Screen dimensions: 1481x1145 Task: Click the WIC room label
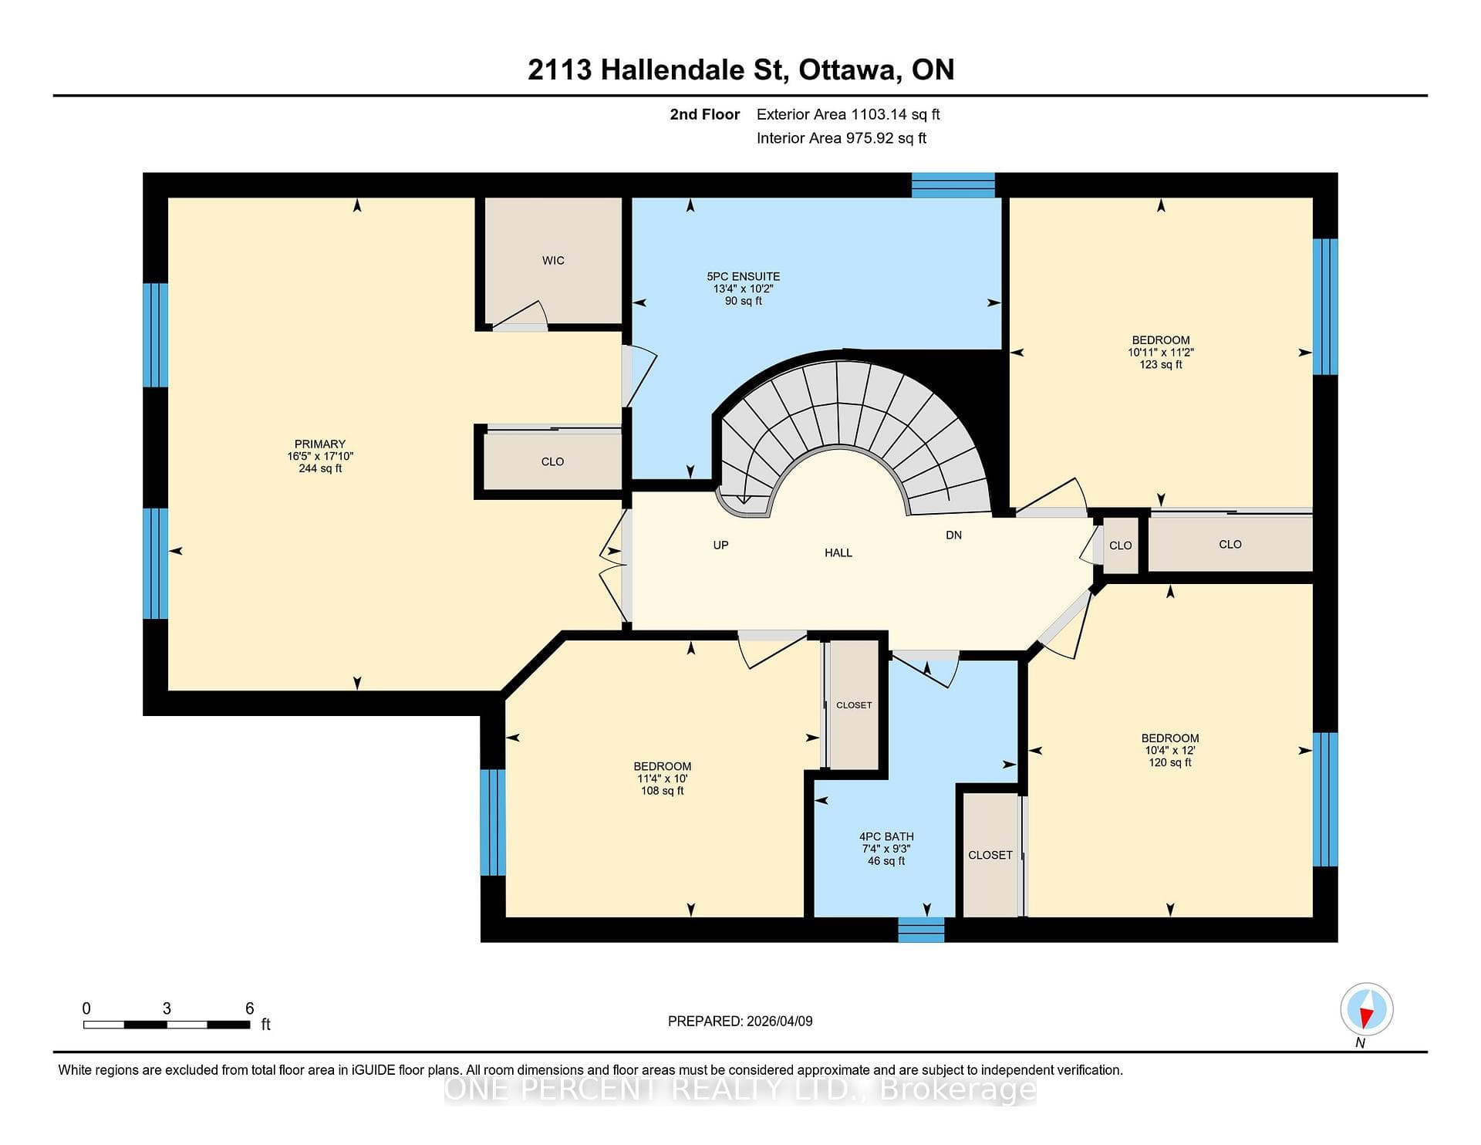pyautogui.click(x=553, y=261)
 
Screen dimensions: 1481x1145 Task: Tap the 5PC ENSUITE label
pyautogui.click(x=743, y=276)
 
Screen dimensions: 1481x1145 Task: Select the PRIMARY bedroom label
pyautogui.click(x=320, y=444)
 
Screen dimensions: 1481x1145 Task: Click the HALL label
pyautogui.click(x=838, y=552)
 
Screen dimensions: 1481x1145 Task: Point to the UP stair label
pyautogui.click(x=720, y=545)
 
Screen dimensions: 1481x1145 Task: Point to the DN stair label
pyautogui.click(x=953, y=535)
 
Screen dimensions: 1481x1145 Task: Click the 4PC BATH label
pyautogui.click(x=886, y=836)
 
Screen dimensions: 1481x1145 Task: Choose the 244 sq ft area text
pyautogui.click(x=320, y=468)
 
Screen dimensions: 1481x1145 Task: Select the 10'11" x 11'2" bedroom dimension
pyautogui.click(x=1161, y=352)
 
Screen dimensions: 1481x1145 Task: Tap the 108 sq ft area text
pyautogui.click(x=662, y=791)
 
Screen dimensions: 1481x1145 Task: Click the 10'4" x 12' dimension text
pyautogui.click(x=1170, y=750)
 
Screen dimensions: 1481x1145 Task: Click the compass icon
pyautogui.click(x=1367, y=1009)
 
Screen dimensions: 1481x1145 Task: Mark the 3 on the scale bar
pyautogui.click(x=167, y=1008)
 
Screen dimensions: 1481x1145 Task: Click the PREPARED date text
pyautogui.click(x=740, y=1021)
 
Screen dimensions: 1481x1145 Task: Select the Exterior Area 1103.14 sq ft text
pyautogui.click(x=848, y=114)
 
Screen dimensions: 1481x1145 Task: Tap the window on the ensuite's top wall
pyautogui.click(x=953, y=185)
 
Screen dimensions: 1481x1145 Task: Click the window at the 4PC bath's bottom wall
pyautogui.click(x=921, y=930)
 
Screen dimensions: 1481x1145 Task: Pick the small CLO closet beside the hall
pyautogui.click(x=1121, y=545)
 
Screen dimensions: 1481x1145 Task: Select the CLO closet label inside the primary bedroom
pyautogui.click(x=552, y=461)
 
